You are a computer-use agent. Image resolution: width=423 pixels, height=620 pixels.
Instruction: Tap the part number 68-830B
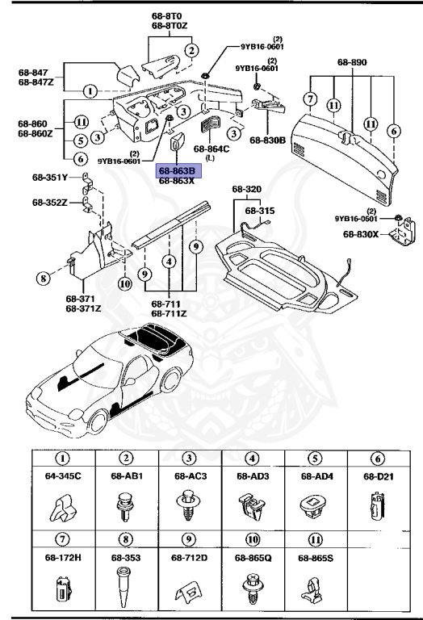click(x=267, y=140)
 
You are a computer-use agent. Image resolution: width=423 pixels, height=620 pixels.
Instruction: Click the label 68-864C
click(x=214, y=149)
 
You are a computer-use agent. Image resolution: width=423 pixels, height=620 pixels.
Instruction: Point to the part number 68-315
click(x=261, y=210)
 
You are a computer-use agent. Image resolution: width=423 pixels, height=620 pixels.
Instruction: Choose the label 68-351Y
click(x=51, y=178)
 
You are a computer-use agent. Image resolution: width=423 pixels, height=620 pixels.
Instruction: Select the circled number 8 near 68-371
click(x=44, y=279)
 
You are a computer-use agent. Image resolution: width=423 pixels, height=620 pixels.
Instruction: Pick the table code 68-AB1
click(x=127, y=476)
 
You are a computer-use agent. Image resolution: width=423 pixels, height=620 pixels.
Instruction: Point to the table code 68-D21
click(x=379, y=476)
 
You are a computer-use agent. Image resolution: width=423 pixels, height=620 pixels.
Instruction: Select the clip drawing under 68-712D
click(x=190, y=593)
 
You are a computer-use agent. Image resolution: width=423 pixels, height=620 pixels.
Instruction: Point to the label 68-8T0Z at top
click(x=169, y=26)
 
